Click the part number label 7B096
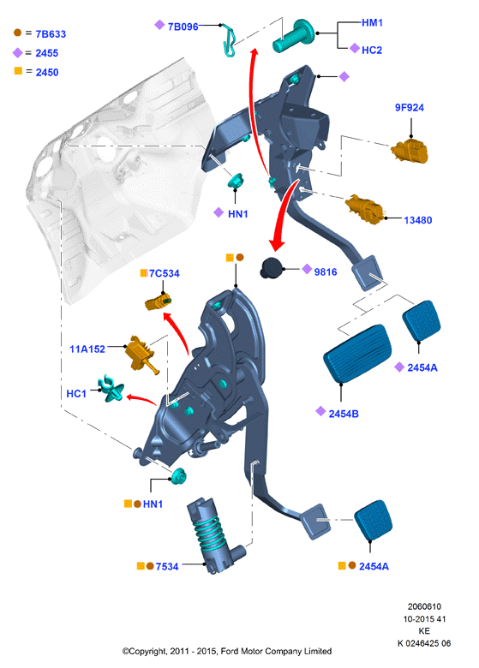click(183, 27)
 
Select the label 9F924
click(409, 107)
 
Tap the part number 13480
click(417, 220)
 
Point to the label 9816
click(326, 271)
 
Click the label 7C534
click(164, 273)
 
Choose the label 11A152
click(87, 349)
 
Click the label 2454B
click(344, 414)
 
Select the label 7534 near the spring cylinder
click(166, 567)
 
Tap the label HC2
click(372, 51)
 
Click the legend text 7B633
click(51, 34)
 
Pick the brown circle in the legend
click(17, 33)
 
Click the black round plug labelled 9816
click(272, 268)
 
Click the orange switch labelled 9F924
click(410, 152)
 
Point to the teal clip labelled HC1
click(111, 389)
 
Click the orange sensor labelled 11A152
click(141, 355)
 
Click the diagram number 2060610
click(424, 606)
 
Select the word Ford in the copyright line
click(230, 651)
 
